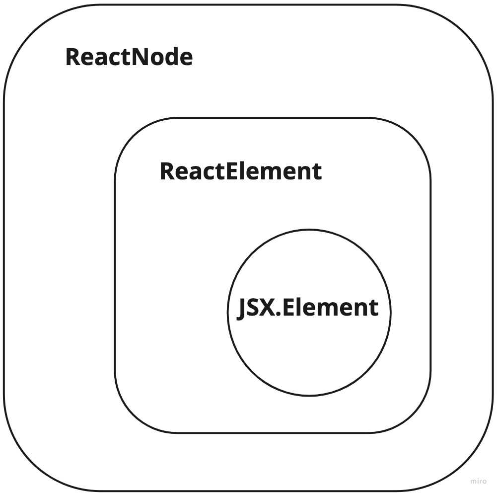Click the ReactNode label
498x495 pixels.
(129, 58)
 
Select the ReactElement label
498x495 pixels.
(240, 171)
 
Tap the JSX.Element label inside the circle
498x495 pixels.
(308, 308)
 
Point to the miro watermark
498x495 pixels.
(478, 481)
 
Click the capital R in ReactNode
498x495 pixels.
(72, 58)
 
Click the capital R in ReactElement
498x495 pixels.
(166, 171)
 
